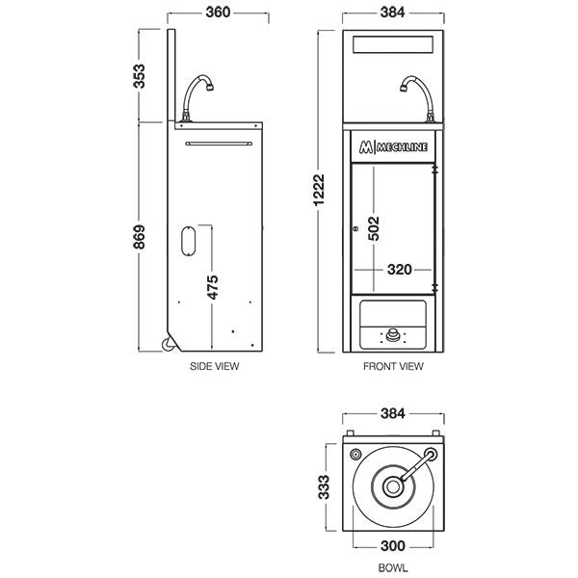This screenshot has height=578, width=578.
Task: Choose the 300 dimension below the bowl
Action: click(393, 545)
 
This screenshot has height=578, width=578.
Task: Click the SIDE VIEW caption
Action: click(215, 367)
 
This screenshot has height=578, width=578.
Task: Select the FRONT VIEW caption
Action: click(393, 367)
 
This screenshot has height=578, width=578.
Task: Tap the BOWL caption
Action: click(393, 568)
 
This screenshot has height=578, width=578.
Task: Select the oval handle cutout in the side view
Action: click(189, 240)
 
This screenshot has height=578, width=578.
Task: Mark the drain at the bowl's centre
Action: click(393, 486)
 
